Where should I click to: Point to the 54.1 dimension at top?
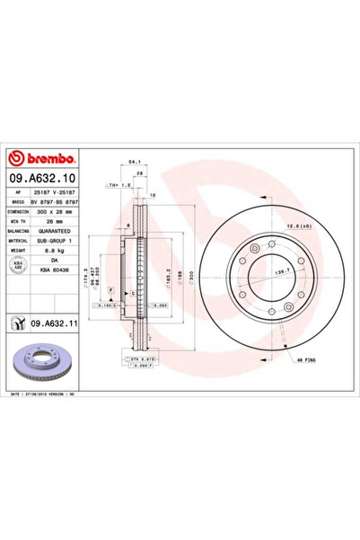pos(134,164)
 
